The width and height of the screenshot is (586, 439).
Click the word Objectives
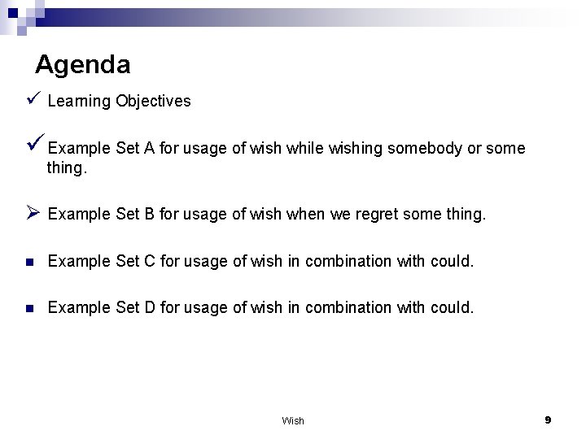click(x=153, y=102)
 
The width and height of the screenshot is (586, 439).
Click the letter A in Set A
click(x=149, y=149)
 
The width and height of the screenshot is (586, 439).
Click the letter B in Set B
click(x=149, y=215)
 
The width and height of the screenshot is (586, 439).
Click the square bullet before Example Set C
click(x=29, y=262)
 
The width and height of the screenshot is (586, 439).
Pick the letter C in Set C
click(x=150, y=261)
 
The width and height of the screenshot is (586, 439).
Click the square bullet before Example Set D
click(x=29, y=307)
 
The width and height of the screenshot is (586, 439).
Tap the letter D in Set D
click(x=150, y=306)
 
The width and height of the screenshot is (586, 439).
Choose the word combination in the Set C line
click(x=345, y=261)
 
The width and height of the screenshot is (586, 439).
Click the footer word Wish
click(x=293, y=420)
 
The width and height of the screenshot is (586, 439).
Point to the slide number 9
click(x=548, y=419)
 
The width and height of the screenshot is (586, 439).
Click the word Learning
click(x=80, y=102)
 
